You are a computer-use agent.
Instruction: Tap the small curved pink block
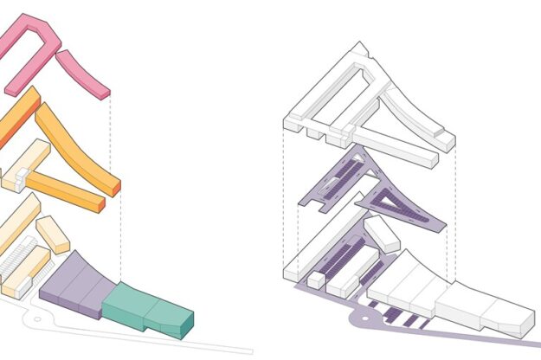(83, 73)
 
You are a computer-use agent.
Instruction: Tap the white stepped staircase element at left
(23, 254)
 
